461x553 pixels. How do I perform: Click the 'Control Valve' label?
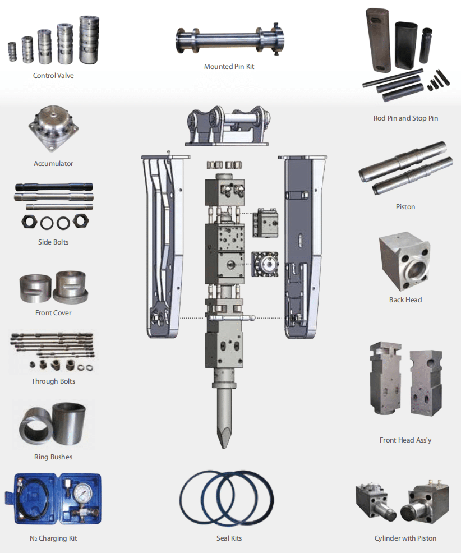point(53,76)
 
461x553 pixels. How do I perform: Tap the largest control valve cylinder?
point(89,40)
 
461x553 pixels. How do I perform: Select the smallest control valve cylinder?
point(12,52)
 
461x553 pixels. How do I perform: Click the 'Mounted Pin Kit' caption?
point(229,67)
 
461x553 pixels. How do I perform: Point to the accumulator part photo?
point(54,128)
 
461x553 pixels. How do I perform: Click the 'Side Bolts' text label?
point(53,242)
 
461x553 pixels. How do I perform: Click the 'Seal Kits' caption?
point(229,538)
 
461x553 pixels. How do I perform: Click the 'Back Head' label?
point(405,300)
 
